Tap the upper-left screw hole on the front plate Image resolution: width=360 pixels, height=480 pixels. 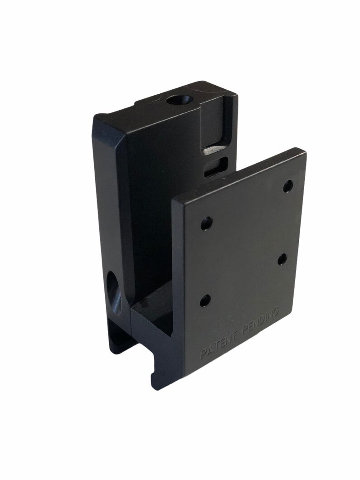(206, 223)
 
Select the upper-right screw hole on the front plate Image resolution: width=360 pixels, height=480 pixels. (288, 186)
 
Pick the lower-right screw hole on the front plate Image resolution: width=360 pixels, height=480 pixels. (282, 259)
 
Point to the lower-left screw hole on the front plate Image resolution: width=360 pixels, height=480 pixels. (205, 300)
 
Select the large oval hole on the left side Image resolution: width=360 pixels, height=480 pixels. (115, 292)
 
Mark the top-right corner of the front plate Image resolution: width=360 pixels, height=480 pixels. (304, 151)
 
